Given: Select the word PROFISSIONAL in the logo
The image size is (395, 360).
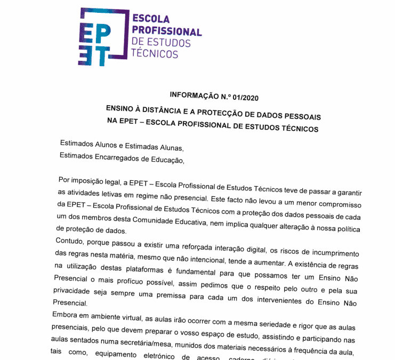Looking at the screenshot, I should [x=166, y=31].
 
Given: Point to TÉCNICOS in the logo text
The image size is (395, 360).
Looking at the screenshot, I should [x=155, y=54].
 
